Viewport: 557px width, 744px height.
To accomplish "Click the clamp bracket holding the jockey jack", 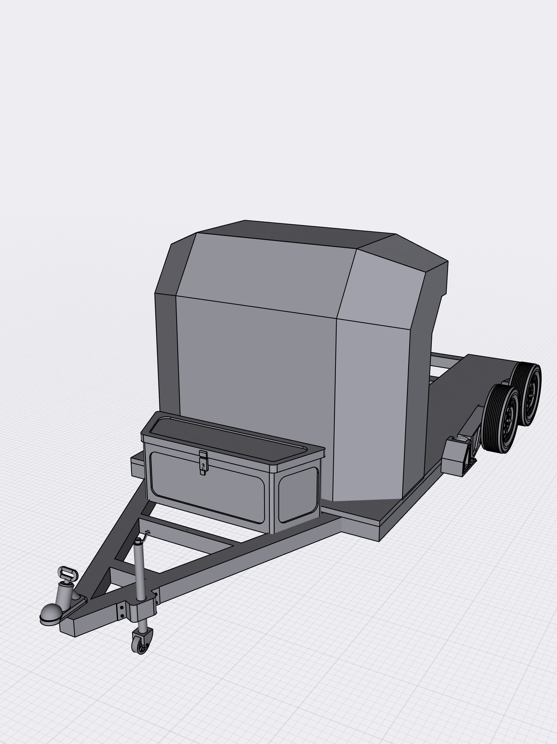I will point(143,608).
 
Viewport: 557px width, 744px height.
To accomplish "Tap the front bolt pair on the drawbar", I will point(121,611).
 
